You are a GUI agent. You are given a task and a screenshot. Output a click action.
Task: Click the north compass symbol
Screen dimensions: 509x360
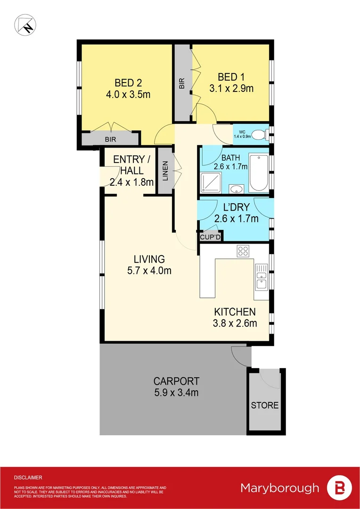[x=25, y=24]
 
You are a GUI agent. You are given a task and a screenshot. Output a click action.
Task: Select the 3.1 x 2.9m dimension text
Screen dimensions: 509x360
[x=231, y=88]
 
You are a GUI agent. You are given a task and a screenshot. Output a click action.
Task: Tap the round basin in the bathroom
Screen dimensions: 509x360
[x=236, y=189]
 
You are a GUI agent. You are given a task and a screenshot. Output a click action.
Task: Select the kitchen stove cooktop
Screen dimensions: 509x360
[x=243, y=251]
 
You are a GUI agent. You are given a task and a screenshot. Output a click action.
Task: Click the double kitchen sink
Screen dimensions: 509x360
[x=261, y=277]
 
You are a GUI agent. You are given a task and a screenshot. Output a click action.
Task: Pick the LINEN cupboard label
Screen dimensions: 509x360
[x=165, y=170]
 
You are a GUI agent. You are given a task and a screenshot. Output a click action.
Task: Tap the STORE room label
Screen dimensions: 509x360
[x=264, y=405]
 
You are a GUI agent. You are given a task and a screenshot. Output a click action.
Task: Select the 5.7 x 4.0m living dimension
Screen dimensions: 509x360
[x=149, y=271]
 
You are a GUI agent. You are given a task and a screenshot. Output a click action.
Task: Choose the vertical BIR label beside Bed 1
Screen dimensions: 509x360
[x=181, y=83]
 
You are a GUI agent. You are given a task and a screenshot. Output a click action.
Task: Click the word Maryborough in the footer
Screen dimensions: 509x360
[x=280, y=488]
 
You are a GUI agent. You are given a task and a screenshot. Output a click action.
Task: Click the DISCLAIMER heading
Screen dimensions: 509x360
[x=28, y=477]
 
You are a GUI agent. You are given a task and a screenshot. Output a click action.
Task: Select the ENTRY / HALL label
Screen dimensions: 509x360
[x=129, y=165]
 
